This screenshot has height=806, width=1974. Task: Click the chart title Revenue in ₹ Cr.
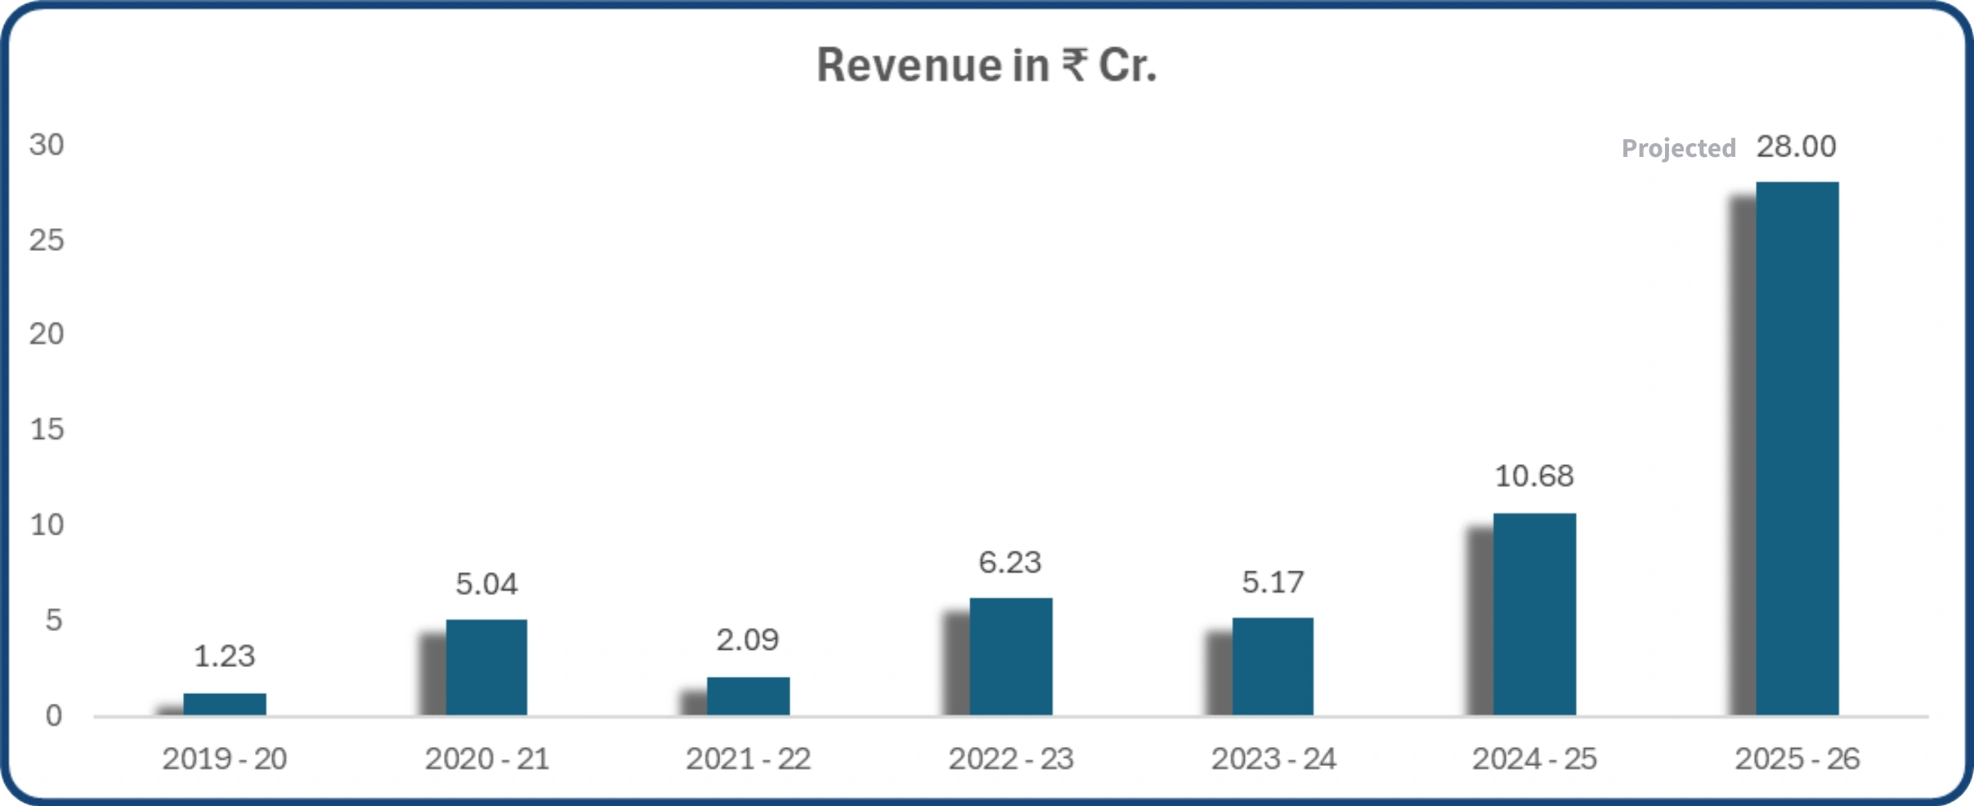(987, 65)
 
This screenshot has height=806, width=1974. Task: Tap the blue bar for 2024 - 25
(1534, 614)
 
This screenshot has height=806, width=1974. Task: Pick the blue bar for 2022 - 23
(1011, 656)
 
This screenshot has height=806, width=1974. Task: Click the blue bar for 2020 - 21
(486, 667)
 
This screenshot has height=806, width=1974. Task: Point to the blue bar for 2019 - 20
(225, 704)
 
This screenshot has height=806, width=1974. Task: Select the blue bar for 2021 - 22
(748, 696)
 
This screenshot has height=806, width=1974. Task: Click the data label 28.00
(1796, 147)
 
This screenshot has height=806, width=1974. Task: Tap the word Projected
(1678, 148)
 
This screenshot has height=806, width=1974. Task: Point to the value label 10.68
(1534, 477)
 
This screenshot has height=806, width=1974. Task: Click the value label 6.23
(1010, 562)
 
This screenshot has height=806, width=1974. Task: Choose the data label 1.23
(225, 656)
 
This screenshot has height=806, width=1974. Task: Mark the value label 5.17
(1273, 583)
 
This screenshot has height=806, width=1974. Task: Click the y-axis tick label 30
(47, 146)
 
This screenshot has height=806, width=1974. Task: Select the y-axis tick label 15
(47, 430)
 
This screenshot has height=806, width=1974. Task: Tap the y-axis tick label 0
(54, 716)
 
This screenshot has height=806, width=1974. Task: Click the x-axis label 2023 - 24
(1273, 759)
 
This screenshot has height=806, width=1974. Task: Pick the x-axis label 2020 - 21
(486, 759)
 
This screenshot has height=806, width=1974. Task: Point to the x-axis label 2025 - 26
(1797, 759)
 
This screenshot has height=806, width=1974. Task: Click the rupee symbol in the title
(1075, 65)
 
